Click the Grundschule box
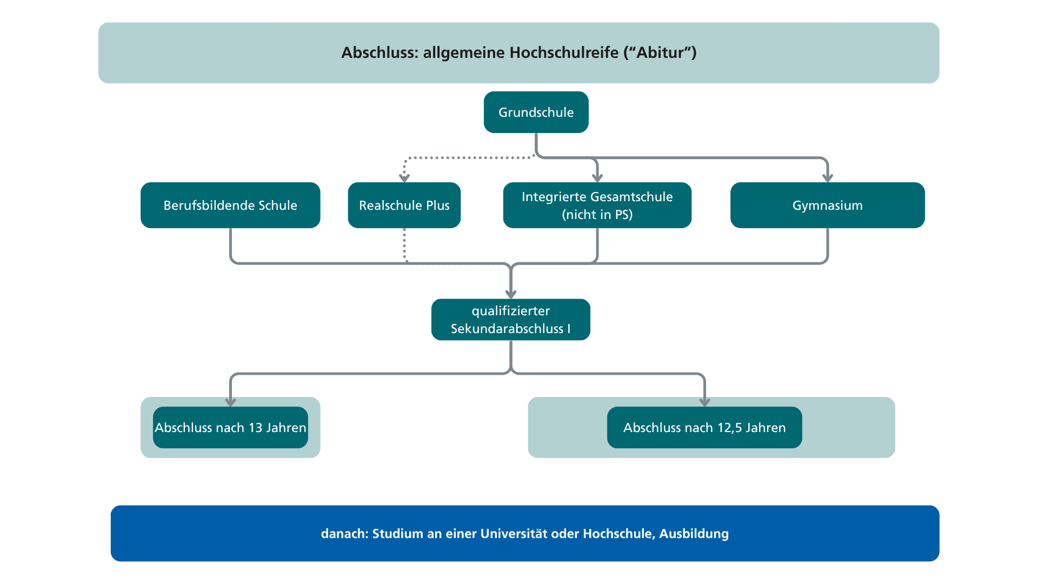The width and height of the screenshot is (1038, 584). click(536, 112)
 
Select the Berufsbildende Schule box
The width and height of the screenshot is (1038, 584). click(230, 205)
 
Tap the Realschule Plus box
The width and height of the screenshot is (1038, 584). click(404, 205)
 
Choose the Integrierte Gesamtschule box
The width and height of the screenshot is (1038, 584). click(597, 205)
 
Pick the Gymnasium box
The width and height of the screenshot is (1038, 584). click(828, 205)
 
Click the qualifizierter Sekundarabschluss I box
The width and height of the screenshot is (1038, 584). click(511, 320)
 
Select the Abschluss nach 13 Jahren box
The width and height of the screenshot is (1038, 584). click(230, 427)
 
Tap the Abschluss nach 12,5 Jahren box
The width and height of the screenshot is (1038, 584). click(704, 427)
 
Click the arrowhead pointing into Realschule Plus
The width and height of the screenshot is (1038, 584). click(404, 178)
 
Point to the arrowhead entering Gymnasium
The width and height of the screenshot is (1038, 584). click(828, 178)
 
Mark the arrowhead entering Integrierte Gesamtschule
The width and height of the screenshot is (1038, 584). click(597, 178)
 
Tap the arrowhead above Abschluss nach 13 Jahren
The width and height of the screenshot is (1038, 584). click(230, 402)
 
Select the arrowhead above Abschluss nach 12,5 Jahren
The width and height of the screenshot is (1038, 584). click(704, 402)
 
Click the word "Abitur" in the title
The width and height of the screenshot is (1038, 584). click(660, 52)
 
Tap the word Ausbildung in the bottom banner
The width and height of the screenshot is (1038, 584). click(694, 534)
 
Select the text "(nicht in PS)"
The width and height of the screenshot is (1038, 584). click(597, 215)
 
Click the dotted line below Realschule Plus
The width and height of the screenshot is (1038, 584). click(404, 245)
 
